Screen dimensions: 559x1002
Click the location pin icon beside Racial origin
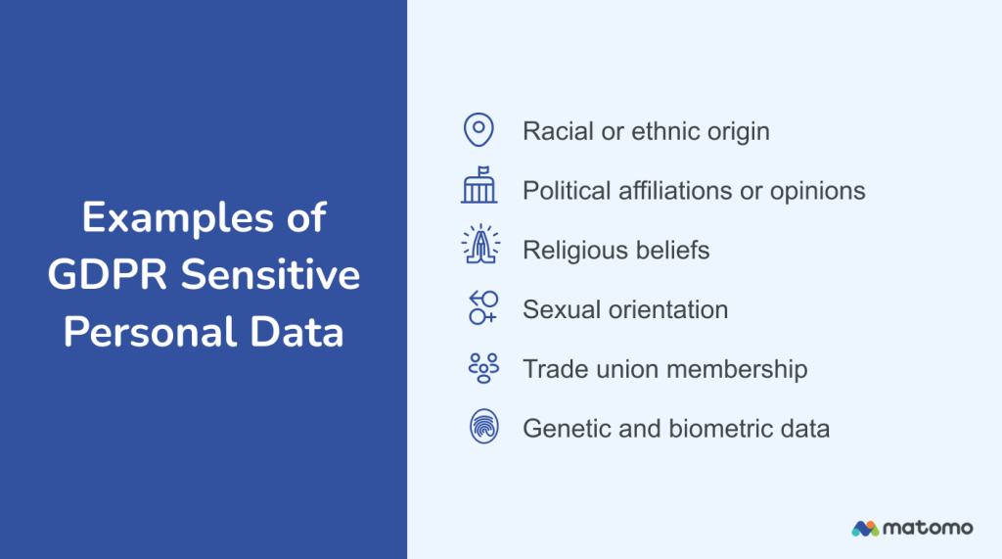click(478, 129)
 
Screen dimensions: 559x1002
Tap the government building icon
click(478, 189)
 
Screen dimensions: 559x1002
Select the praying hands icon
click(479, 249)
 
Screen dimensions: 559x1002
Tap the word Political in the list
click(565, 190)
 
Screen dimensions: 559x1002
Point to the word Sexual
click(557, 309)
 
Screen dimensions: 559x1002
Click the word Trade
click(552, 369)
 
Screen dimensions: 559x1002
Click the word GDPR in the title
click(100, 275)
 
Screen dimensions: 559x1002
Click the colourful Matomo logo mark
click(864, 529)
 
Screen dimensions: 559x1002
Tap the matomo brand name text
click(928, 529)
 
